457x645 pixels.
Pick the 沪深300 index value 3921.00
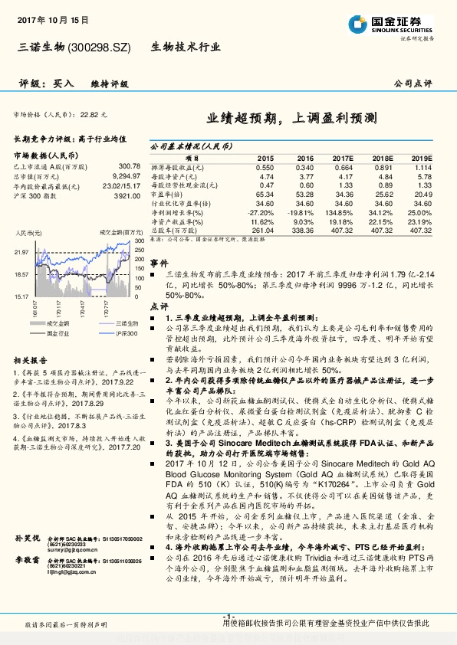point(127,195)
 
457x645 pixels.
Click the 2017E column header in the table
point(343,157)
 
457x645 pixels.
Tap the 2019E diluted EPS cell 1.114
point(422,167)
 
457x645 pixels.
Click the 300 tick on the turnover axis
point(139,241)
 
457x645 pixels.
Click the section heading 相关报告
point(31,360)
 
